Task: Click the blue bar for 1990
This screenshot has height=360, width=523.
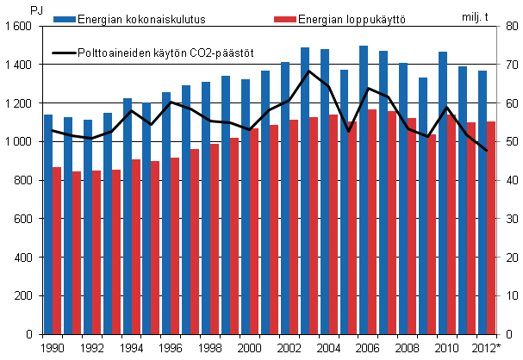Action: (48, 224)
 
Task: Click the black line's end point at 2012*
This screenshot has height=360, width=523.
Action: (487, 151)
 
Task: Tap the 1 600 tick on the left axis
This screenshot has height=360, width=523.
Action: (17, 27)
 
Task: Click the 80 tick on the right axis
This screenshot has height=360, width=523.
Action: (509, 27)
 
